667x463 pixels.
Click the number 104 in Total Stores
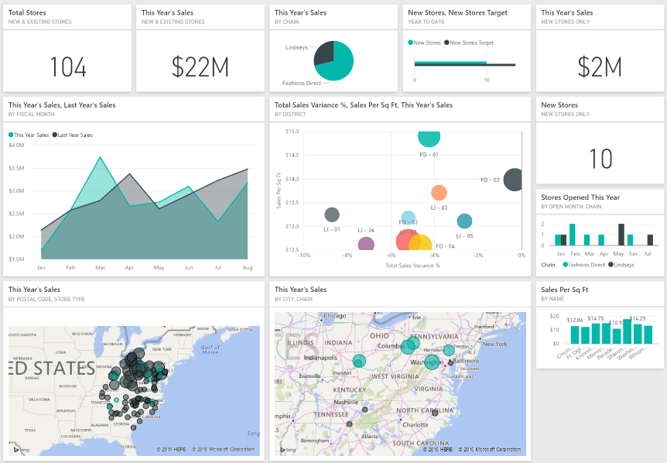coord(68,67)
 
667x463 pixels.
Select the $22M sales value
coord(200,67)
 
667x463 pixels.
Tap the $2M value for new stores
coord(600,67)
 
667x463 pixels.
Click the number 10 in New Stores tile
coord(600,159)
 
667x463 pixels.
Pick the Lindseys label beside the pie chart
coord(296,47)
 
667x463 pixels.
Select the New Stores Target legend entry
coord(471,43)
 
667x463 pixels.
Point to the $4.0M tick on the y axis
coord(16,145)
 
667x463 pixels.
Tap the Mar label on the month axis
coord(100,267)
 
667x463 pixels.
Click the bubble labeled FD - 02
coord(513,180)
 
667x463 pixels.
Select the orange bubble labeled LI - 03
coord(439,193)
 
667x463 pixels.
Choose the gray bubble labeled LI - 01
coord(332,214)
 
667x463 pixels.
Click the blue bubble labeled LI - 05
coord(464,221)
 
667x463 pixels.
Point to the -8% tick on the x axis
coord(347,255)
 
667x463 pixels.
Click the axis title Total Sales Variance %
coord(412,266)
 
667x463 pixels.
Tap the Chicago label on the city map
coord(335,316)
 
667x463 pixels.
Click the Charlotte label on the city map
coord(415,424)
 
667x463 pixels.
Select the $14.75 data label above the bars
coord(596,318)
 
